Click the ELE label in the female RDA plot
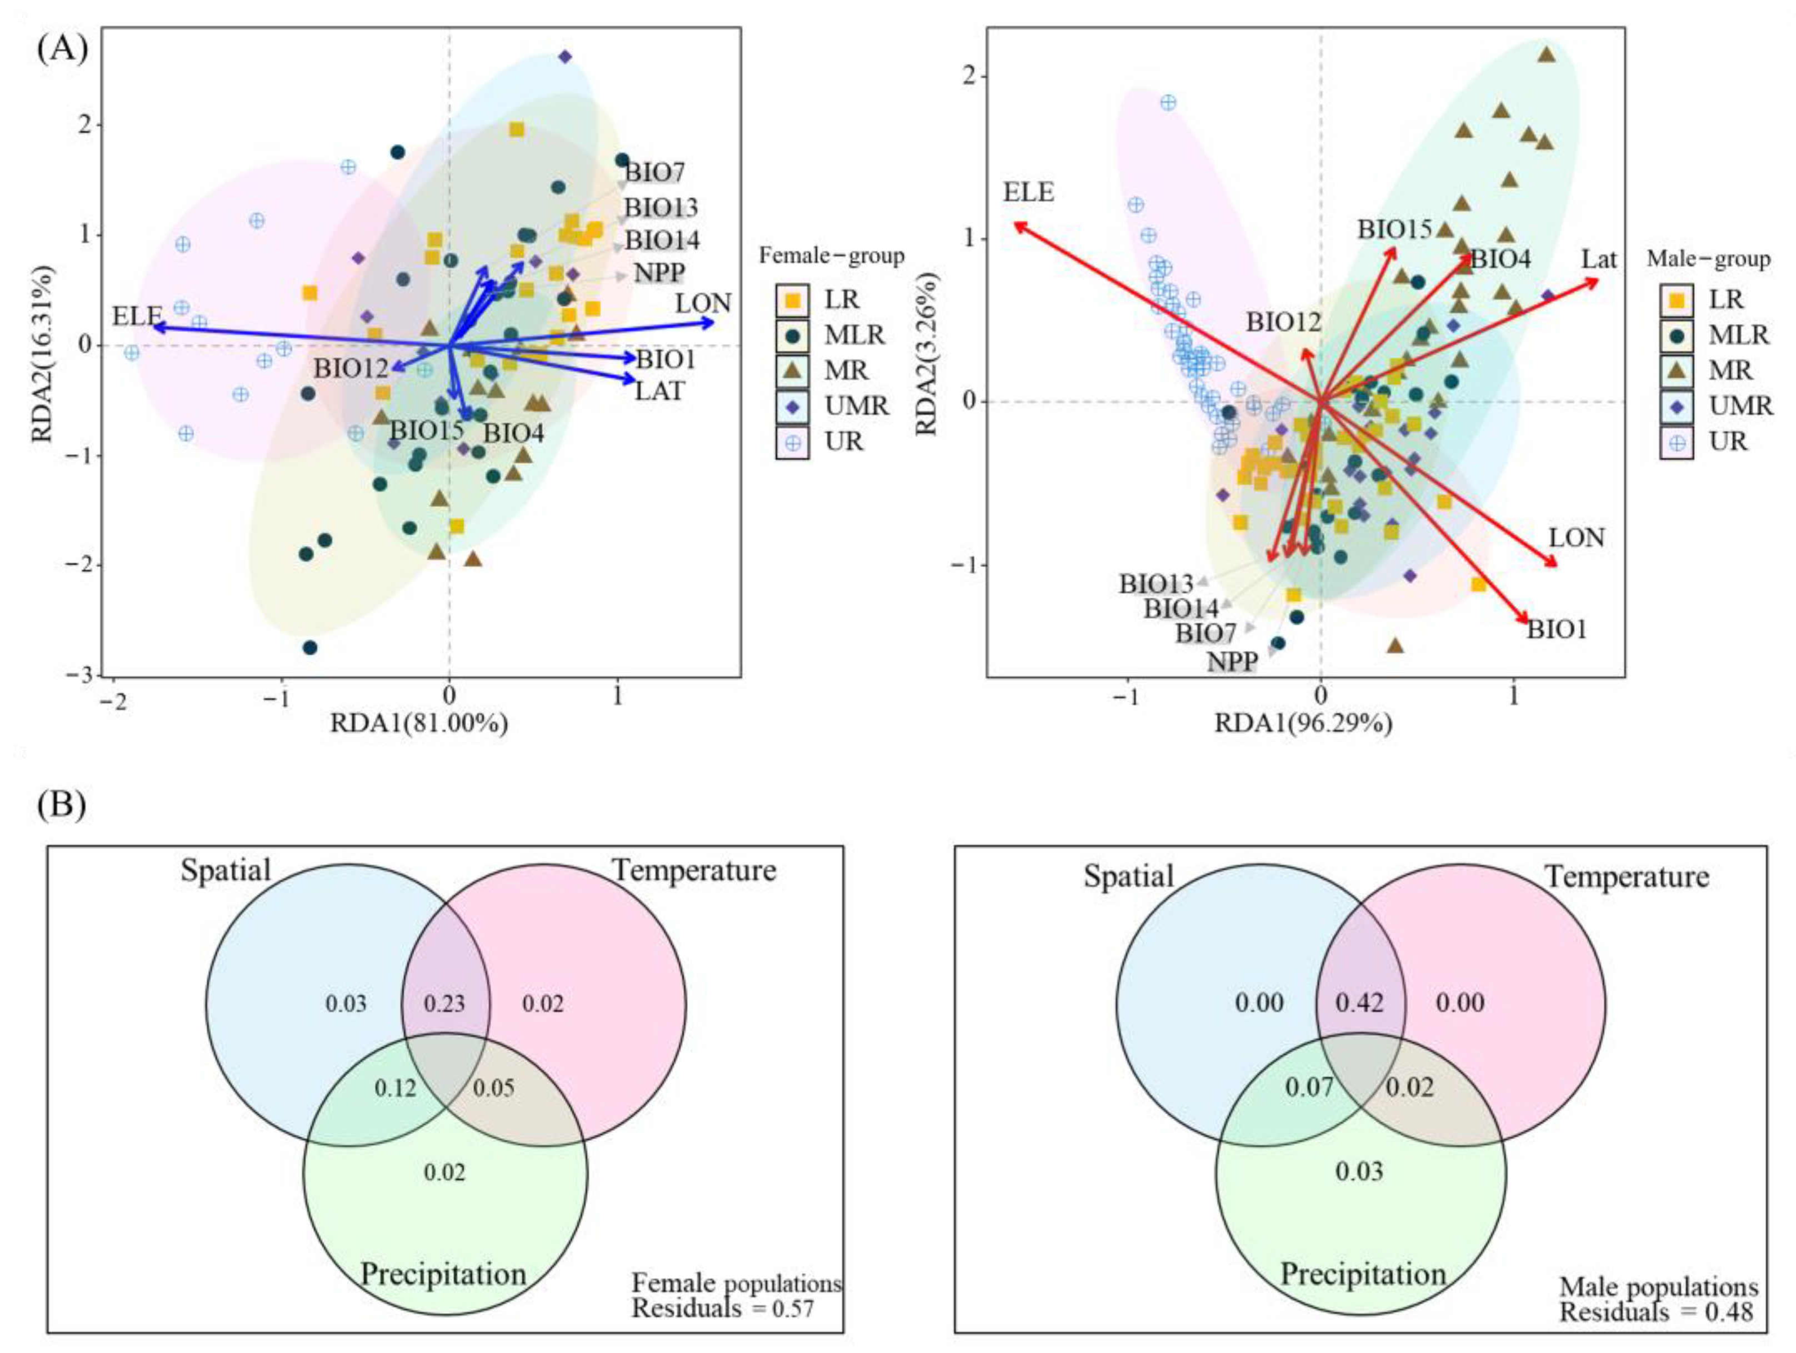[x=137, y=315]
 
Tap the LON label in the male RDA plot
[x=1576, y=538]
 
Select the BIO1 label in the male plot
[x=1557, y=629]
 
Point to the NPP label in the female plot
[x=659, y=273]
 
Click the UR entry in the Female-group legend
[x=844, y=442]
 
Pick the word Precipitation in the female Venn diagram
[x=443, y=1274]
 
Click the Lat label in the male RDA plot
[x=1599, y=260]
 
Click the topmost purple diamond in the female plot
[x=565, y=57]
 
